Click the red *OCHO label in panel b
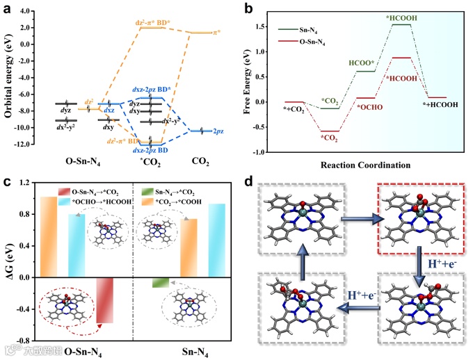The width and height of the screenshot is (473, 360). pyautogui.click(x=369, y=108)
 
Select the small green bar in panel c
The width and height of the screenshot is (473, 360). pyautogui.click(x=161, y=282)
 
